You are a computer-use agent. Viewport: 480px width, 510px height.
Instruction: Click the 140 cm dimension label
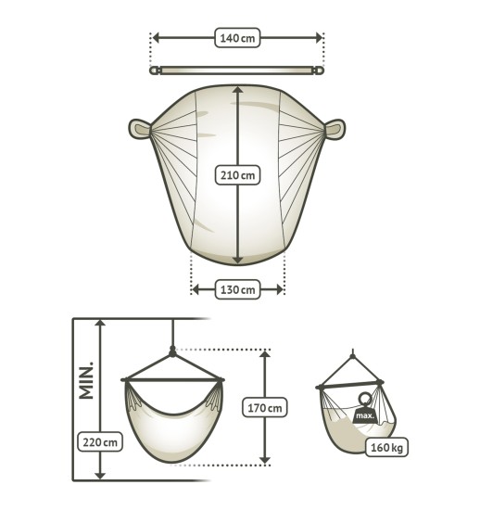pos(237,38)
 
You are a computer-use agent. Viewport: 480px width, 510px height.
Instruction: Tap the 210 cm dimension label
pos(237,175)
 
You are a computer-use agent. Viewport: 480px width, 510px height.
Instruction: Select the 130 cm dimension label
pos(237,289)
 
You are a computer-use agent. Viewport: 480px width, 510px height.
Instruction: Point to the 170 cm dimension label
pos(265,408)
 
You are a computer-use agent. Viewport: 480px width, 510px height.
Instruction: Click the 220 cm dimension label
pos(100,441)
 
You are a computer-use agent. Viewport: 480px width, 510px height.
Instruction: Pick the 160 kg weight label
pos(386,447)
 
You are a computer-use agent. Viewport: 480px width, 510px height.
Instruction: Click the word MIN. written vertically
pos(86,380)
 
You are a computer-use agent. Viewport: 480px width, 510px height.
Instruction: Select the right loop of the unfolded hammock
pos(335,129)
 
